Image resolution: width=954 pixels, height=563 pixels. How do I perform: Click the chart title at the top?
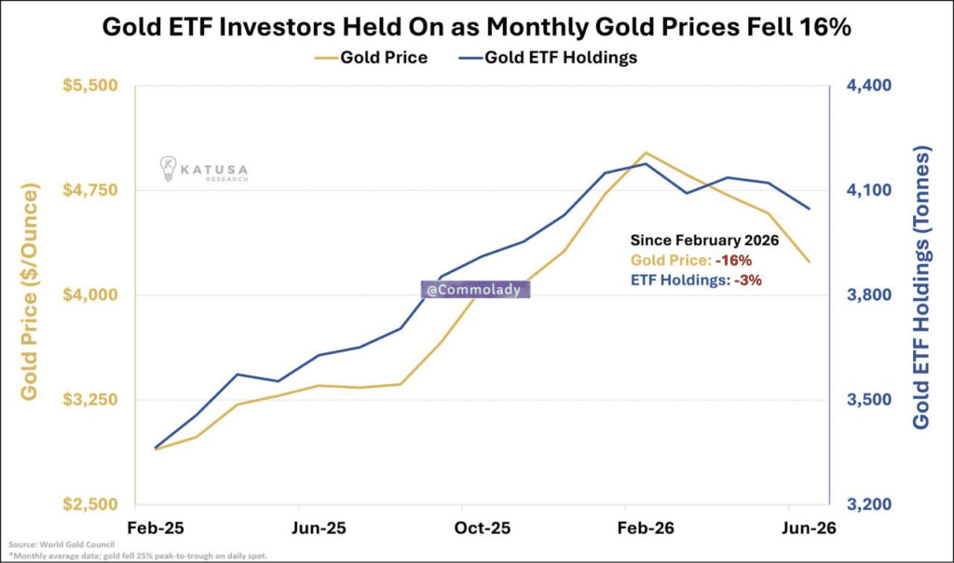click(476, 27)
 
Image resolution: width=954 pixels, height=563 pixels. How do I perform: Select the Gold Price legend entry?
click(371, 58)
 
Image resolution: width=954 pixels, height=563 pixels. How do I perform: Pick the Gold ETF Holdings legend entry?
click(548, 58)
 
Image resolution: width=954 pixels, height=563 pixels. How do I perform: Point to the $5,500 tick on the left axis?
click(90, 85)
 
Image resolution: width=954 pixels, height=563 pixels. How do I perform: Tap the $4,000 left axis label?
click(90, 295)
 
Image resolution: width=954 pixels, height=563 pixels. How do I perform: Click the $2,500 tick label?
click(90, 504)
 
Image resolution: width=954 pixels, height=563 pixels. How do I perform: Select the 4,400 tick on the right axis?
click(869, 85)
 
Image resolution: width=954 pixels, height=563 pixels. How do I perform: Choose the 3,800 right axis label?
click(869, 295)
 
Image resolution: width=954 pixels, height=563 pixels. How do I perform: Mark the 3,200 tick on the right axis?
click(869, 504)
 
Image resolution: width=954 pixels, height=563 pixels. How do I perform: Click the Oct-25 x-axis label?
click(483, 528)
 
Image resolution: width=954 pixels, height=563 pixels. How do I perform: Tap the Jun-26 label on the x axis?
click(809, 528)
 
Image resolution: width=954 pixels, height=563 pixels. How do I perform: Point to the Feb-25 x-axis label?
click(156, 528)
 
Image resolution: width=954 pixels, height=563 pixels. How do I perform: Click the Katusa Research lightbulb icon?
click(168, 169)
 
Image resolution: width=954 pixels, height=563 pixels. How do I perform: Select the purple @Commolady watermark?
click(475, 290)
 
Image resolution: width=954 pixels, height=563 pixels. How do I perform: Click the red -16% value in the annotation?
click(734, 260)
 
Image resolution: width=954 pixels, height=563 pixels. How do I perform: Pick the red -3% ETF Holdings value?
click(748, 280)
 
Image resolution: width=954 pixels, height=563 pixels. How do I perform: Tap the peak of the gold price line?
click(646, 153)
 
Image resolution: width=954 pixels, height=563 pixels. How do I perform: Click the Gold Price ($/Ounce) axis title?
click(29, 292)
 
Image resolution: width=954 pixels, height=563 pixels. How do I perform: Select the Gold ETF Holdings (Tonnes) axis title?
click(922, 287)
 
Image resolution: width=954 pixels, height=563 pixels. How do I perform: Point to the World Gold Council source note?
click(61, 544)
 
